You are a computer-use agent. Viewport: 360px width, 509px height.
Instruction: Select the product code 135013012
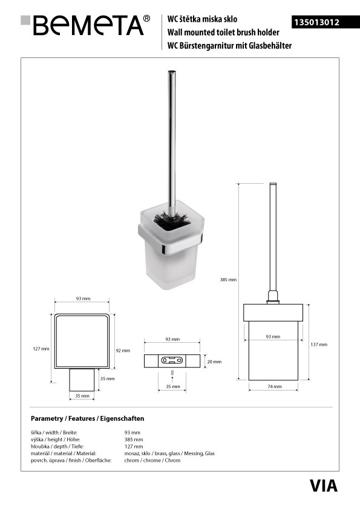pyautogui.click(x=316, y=22)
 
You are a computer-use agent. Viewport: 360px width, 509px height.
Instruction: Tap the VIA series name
pyautogui.click(x=323, y=486)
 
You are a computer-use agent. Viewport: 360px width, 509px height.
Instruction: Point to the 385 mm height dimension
pyautogui.click(x=228, y=279)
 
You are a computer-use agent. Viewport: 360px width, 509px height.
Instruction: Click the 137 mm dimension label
pyautogui.click(x=319, y=345)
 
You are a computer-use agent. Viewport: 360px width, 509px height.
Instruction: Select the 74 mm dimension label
pyautogui.click(x=275, y=386)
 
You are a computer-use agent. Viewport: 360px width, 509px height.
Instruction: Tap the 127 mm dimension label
pyautogui.click(x=41, y=349)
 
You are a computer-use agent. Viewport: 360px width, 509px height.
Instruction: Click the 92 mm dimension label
pyautogui.click(x=123, y=351)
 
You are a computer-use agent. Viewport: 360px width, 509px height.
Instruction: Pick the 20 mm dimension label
pyautogui.click(x=214, y=361)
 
